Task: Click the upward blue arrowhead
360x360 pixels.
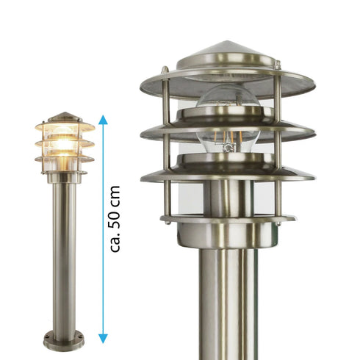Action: pyautogui.click(x=103, y=119)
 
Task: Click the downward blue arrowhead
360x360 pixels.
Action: pyautogui.click(x=103, y=338)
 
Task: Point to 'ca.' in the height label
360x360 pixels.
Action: pyautogui.click(x=115, y=242)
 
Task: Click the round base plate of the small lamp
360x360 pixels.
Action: pyautogui.click(x=64, y=341)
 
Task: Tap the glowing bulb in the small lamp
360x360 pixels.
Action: pyautogui.click(x=63, y=143)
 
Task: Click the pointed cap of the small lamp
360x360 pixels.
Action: pyautogui.click(x=65, y=117)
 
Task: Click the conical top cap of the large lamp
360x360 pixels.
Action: pyautogui.click(x=227, y=55)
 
